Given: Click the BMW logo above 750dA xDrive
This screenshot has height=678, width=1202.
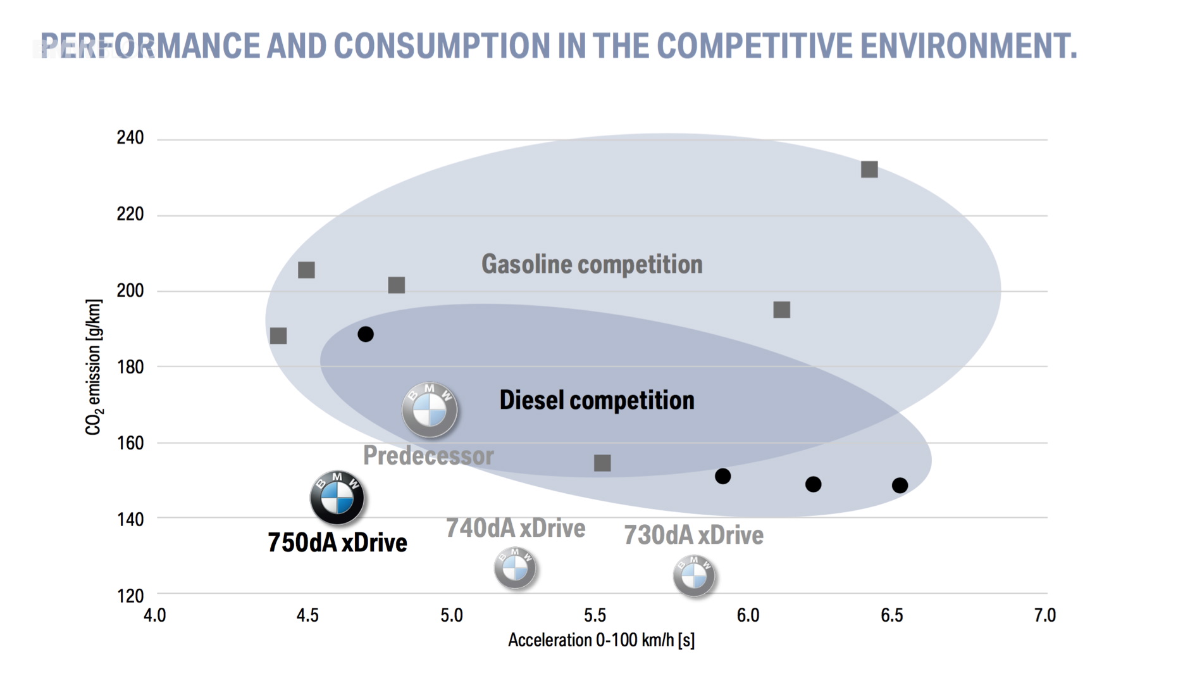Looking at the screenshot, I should click(x=337, y=498).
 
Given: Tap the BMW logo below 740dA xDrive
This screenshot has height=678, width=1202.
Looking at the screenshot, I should click(x=515, y=568).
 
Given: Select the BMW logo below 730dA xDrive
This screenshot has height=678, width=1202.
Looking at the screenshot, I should click(x=694, y=575).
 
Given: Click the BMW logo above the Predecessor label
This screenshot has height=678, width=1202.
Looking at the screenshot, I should click(x=430, y=410).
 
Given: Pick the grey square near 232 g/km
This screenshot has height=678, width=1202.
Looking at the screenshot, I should click(x=869, y=170).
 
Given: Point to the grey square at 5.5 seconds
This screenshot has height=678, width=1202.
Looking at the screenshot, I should click(x=602, y=463).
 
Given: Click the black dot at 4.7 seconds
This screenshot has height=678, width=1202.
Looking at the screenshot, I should click(x=366, y=334).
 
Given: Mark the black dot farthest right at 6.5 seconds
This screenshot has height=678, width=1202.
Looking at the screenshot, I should click(x=900, y=486).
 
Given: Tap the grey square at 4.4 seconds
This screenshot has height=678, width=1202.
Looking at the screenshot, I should click(x=278, y=336).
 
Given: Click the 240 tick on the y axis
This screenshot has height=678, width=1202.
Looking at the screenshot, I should click(x=130, y=138).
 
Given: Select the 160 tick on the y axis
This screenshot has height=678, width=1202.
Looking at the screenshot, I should click(x=130, y=443).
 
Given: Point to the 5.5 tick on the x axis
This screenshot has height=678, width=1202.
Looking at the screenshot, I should click(x=595, y=615).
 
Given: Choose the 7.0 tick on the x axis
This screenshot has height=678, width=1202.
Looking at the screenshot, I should click(x=1045, y=615).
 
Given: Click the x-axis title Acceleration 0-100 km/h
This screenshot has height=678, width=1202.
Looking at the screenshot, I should click(x=601, y=640).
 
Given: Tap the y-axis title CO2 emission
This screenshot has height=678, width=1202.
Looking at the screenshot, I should click(x=94, y=367).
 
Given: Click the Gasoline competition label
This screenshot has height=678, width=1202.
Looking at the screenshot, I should click(x=592, y=265).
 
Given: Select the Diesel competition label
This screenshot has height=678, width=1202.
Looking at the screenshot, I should click(x=597, y=400).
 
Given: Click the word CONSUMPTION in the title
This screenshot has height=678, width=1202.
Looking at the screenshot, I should click(x=442, y=46).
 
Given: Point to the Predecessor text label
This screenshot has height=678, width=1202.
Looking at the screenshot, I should click(x=428, y=456).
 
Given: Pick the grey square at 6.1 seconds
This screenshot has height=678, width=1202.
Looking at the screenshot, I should click(x=782, y=310).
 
